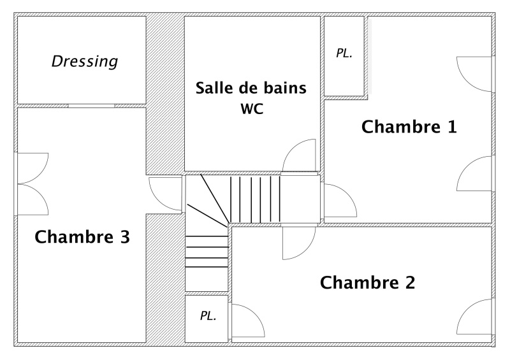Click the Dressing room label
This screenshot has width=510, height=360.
85,62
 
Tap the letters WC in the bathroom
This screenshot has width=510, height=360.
252,108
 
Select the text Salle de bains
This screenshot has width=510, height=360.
251,87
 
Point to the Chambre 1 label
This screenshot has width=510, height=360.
409,127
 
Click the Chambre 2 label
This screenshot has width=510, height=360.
367,282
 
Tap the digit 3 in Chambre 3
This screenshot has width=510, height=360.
124,238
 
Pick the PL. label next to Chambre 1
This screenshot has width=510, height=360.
344,54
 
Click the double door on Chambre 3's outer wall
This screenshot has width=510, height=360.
32,185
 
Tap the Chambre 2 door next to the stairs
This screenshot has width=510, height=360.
298,243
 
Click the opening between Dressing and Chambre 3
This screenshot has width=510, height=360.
91,105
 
